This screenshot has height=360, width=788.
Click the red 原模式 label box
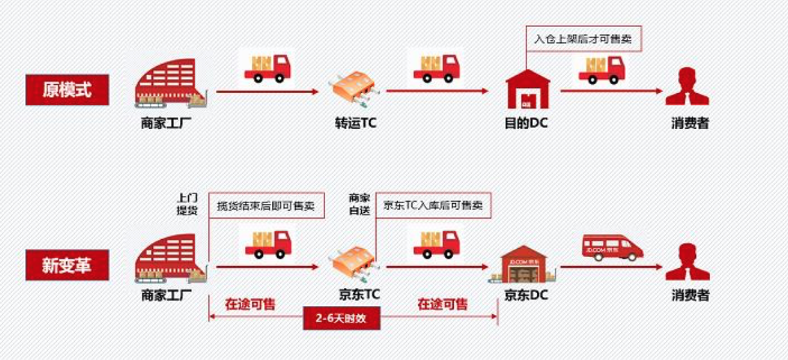click(x=67, y=89)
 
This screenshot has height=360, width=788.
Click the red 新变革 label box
click(x=67, y=265)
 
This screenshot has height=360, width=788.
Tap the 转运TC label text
click(x=351, y=123)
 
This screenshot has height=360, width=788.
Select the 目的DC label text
click(x=526, y=123)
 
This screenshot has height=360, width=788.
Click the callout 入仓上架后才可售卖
click(x=583, y=39)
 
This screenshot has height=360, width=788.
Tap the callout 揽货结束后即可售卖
click(x=266, y=206)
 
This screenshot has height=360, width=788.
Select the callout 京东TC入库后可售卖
click(x=433, y=206)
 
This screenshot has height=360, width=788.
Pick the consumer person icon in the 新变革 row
click(x=687, y=262)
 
